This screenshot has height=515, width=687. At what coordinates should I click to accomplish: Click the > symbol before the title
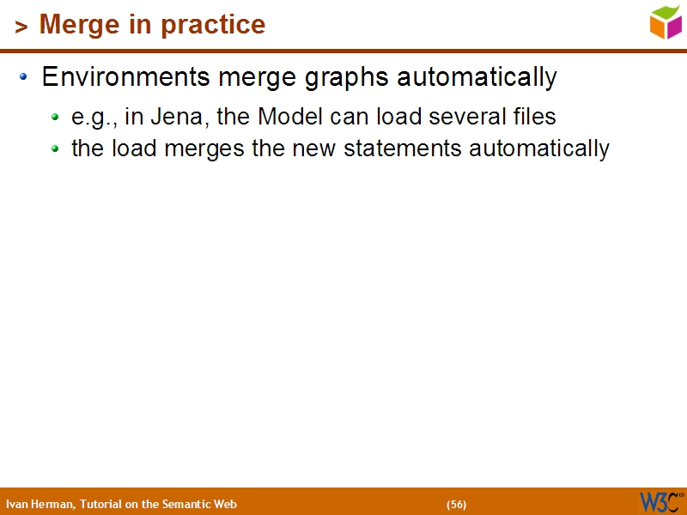tap(21, 27)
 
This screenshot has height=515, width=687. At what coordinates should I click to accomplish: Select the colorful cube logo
tap(666, 21)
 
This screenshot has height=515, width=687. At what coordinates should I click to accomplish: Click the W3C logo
tap(661, 501)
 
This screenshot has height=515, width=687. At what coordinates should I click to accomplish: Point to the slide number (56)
tap(456, 504)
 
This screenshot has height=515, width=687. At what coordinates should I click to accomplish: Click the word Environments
tap(125, 77)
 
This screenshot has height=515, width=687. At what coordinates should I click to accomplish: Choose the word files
tap(532, 116)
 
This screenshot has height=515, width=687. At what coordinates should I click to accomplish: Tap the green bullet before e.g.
tap(55, 117)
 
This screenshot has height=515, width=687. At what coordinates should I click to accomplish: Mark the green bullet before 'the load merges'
tap(55, 148)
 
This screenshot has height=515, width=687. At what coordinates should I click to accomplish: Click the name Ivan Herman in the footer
tap(40, 504)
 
